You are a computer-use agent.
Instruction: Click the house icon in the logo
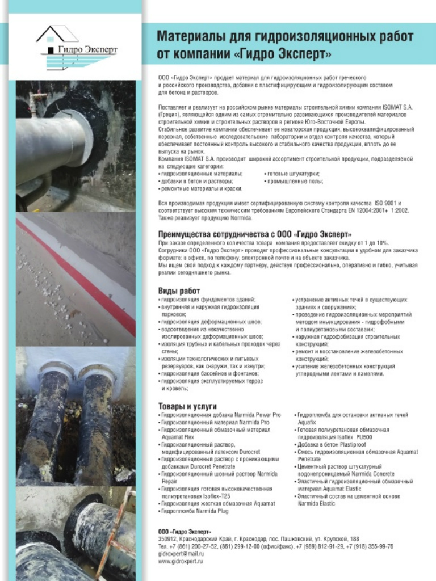click(x=57, y=35)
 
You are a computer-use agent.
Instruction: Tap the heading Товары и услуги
click(x=187, y=406)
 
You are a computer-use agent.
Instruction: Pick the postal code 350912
click(x=167, y=538)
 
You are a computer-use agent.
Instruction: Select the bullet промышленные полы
click(x=295, y=181)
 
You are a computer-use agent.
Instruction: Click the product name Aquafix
click(x=307, y=423)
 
